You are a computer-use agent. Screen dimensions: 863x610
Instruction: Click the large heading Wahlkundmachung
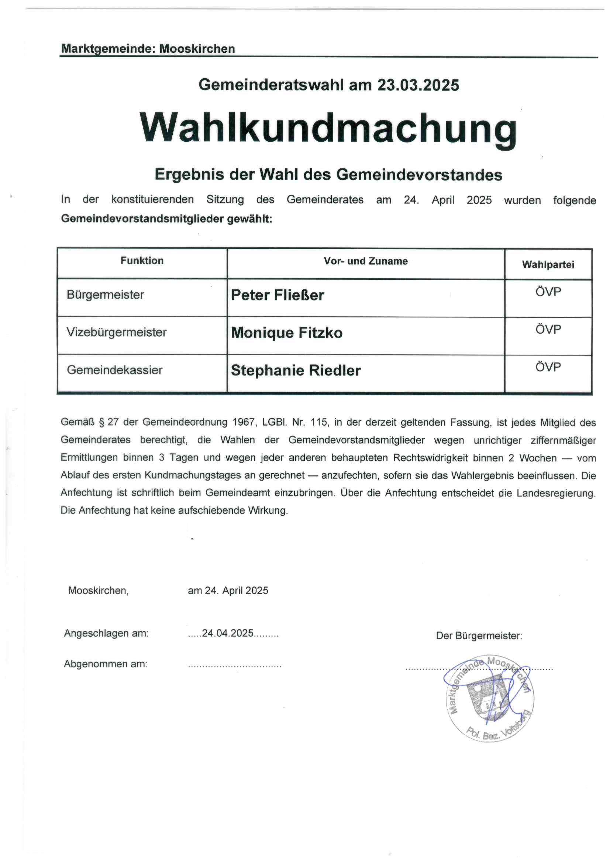pos(328,128)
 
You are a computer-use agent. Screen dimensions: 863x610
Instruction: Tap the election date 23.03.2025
pos(418,85)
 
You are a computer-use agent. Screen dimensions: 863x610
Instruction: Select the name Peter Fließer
pos(278,295)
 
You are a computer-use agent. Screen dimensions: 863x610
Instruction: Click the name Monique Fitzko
pos(286,333)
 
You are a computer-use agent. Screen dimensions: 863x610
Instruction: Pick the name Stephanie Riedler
pos(296,371)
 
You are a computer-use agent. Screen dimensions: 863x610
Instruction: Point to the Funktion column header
pos(142,261)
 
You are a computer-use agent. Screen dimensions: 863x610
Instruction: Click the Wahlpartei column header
pos(548,265)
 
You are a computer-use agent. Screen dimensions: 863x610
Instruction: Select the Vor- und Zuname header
pos(365,261)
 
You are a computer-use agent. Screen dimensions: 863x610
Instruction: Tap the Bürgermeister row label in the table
pos(105,295)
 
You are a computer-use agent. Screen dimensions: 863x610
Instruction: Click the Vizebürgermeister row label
pos(116,332)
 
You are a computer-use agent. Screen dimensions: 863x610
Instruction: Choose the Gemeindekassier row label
pos(114,370)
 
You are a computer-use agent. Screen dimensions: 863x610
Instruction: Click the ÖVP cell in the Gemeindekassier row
pos(548,367)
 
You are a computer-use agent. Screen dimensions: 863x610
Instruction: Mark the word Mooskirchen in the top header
pos(197,49)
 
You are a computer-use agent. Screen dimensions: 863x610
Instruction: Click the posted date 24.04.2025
pos(227,633)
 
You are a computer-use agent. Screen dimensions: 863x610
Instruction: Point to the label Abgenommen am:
pos(106,664)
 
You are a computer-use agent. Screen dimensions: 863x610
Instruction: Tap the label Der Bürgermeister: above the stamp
pos(479,636)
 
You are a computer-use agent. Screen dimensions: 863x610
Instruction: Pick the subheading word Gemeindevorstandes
pos(419,175)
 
